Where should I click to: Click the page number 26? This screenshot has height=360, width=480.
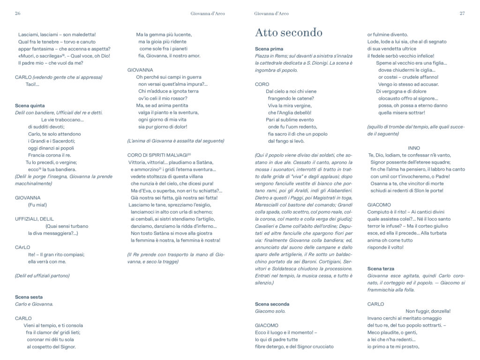18,14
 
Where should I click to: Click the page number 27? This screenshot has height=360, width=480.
462,14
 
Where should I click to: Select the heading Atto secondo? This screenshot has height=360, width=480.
288,32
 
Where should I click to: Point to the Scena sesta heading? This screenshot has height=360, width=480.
29,297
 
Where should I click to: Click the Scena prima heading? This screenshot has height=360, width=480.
269,49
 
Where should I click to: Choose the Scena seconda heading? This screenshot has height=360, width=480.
272,304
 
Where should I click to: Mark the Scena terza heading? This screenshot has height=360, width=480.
381,269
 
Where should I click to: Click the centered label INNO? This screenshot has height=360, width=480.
414,148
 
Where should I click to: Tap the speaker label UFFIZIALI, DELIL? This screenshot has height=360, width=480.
35,218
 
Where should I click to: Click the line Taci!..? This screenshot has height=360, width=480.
33,84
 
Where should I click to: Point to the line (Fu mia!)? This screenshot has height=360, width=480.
37,205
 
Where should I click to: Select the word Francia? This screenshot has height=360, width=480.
37,155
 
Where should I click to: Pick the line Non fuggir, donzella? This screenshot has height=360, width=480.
427,311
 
